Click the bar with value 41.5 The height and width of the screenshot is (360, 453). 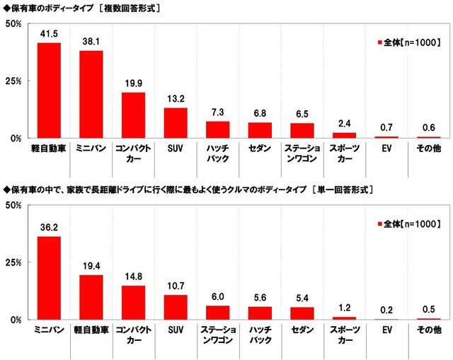49,91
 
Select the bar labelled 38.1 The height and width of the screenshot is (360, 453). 91,94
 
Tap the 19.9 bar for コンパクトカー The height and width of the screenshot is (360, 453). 133,115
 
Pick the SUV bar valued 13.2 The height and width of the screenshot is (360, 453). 176,122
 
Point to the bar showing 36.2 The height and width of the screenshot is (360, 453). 49,278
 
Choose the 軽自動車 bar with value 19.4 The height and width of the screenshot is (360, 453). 91,297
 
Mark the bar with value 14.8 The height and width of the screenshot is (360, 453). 133,303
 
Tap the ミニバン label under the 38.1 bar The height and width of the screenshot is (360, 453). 91,149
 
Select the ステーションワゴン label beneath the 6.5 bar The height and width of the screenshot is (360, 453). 302,154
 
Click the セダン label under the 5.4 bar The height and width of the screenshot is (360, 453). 302,331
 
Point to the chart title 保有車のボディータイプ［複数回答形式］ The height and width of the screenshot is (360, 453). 81,8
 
